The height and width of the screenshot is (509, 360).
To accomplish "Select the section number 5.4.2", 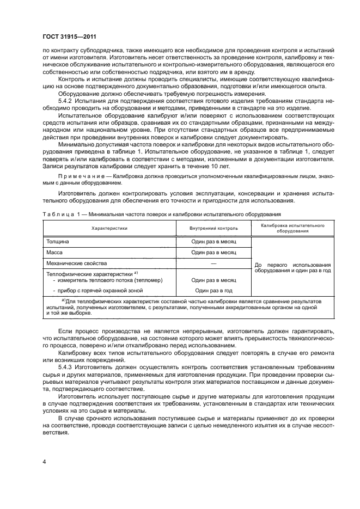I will coord(65,102).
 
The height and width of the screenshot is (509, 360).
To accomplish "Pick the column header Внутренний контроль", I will coord(213,228).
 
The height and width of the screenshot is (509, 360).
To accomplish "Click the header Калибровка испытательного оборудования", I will coord(292,228).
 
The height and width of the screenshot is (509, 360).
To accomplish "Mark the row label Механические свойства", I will coord(74,263).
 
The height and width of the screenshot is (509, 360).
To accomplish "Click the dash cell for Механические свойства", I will coord(213,263).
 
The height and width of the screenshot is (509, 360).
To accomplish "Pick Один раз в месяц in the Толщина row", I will coord(213,241).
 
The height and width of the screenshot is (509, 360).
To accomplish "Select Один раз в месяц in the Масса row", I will coord(213,252).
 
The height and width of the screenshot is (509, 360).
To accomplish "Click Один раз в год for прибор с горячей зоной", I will coord(213,290).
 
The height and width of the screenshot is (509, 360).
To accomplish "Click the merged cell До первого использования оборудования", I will coord(292,267).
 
